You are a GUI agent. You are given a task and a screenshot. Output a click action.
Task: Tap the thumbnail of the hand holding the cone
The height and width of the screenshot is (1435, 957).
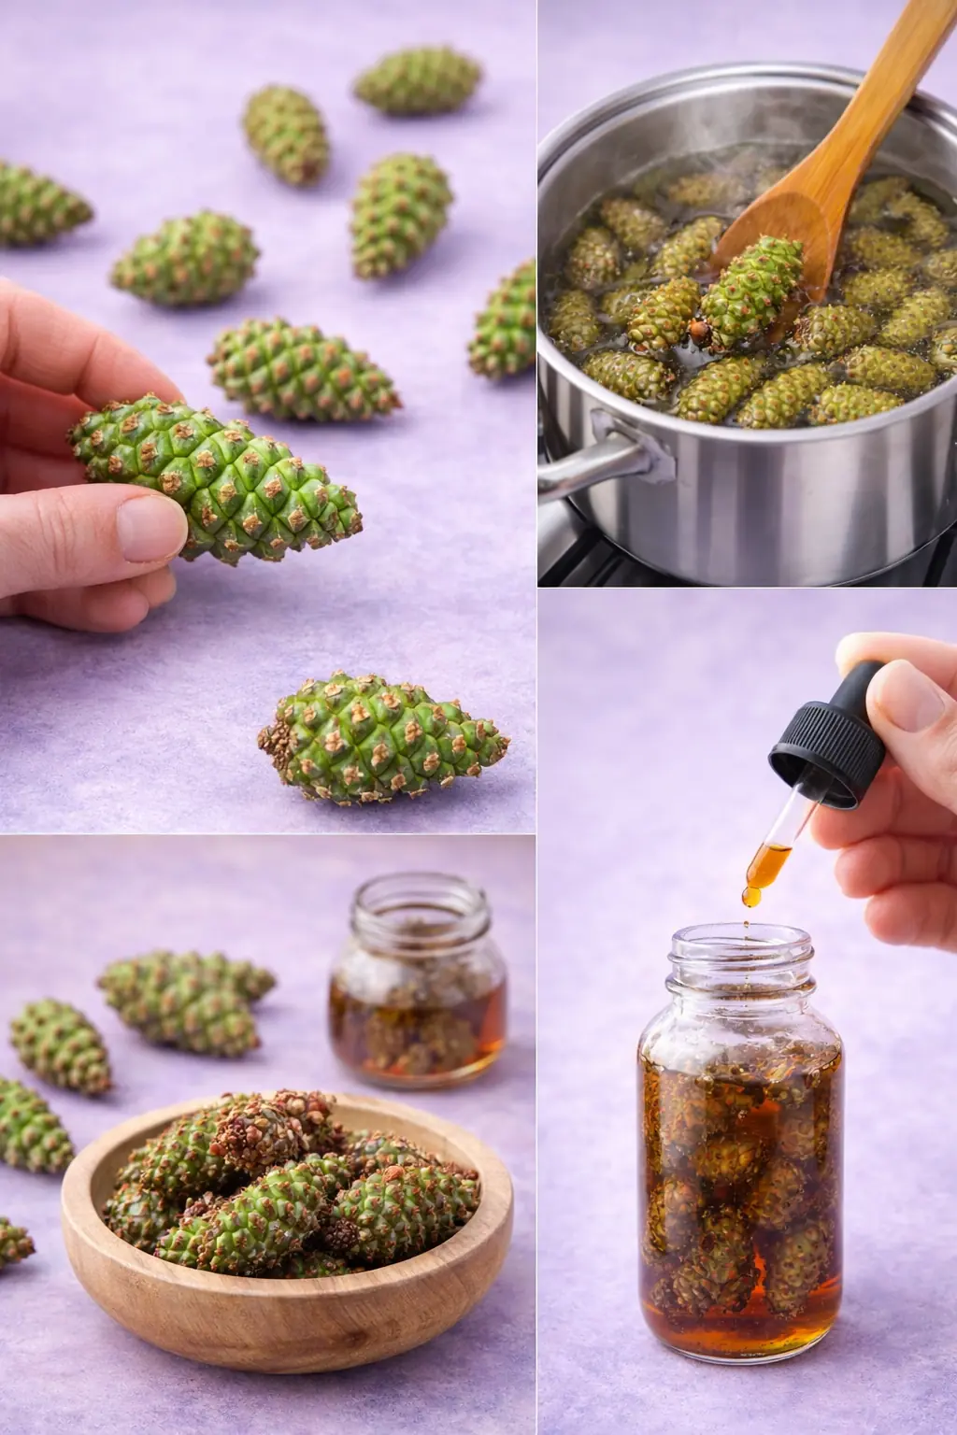[x=150, y=528]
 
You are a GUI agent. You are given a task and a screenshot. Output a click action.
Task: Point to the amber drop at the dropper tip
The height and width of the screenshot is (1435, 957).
[x=751, y=897]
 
